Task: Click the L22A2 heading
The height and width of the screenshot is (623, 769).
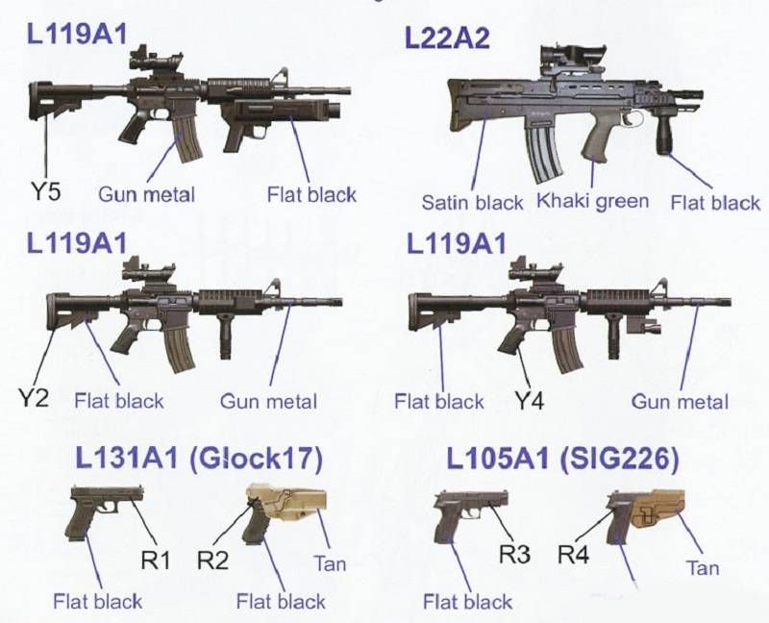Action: tap(447, 37)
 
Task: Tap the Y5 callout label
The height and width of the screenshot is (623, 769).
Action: tap(45, 191)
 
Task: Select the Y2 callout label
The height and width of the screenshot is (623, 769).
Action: tap(34, 397)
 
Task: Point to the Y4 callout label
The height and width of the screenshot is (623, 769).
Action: tap(529, 401)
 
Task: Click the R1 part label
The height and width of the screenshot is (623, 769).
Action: tap(156, 561)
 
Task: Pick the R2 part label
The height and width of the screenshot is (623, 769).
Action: tap(212, 561)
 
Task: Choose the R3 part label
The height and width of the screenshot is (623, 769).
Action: tap(515, 555)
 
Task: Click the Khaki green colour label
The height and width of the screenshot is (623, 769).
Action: tap(592, 201)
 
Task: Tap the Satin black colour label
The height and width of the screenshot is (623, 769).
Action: tap(472, 202)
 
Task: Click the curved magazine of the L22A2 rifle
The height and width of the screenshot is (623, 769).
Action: tap(543, 152)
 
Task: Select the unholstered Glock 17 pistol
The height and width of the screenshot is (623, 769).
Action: tap(103, 511)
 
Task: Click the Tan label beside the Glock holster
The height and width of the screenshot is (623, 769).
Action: tap(330, 563)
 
